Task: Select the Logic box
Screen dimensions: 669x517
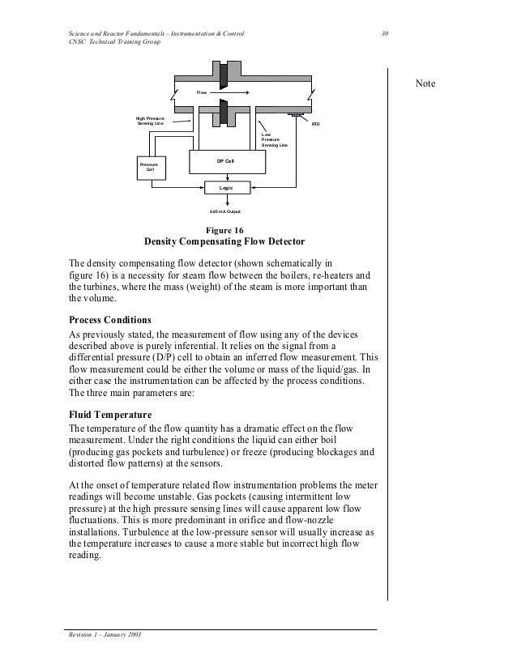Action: coord(226,187)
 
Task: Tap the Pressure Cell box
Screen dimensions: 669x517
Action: coord(150,167)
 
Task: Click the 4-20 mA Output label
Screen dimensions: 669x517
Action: coord(225,211)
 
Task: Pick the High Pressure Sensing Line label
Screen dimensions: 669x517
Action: coord(150,121)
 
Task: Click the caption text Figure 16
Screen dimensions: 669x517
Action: coord(226,230)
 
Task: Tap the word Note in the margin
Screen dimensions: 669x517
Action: coord(425,84)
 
